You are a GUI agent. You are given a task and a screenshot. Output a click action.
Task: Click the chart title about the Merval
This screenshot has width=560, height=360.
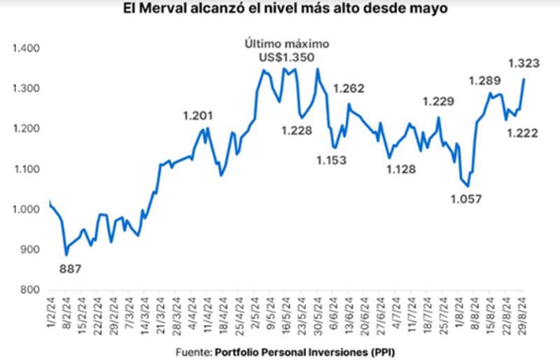click(x=280, y=10)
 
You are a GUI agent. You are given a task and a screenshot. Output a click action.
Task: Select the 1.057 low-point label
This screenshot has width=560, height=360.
click(x=465, y=200)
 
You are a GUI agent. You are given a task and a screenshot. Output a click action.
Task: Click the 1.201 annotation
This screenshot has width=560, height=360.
click(x=197, y=116)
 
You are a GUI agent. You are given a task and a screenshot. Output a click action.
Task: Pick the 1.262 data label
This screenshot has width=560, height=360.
click(x=348, y=89)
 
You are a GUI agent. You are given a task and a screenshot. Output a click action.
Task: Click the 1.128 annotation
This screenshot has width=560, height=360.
click(x=401, y=169)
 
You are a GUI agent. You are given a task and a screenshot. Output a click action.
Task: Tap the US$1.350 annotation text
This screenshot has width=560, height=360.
click(x=286, y=57)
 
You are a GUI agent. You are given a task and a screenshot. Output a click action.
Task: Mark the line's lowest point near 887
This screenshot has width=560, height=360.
click(x=66, y=254)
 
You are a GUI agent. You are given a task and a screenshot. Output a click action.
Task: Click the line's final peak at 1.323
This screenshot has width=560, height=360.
click(x=524, y=78)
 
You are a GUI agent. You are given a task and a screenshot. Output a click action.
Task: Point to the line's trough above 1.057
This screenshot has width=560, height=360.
click(x=468, y=186)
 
